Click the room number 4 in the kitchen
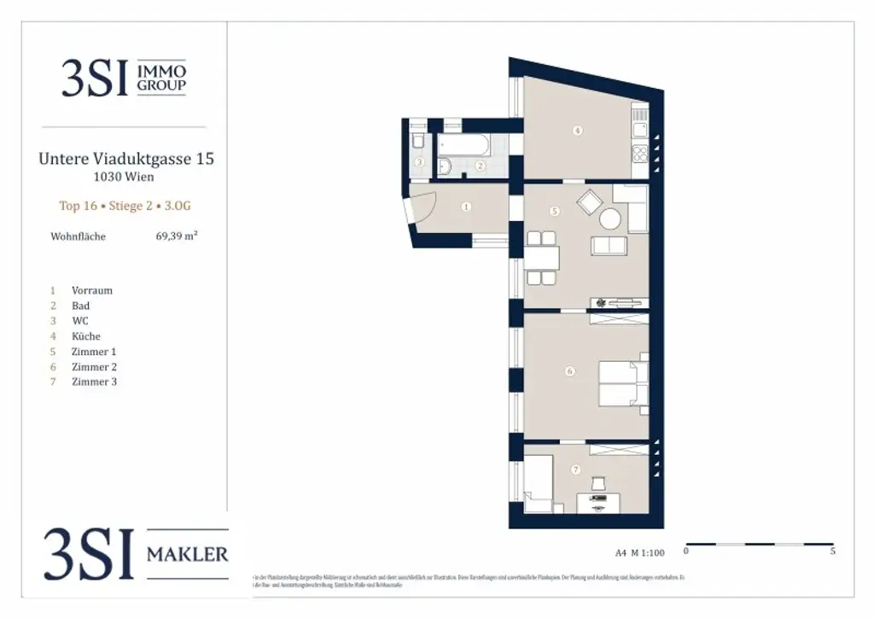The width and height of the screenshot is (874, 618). point(578,131)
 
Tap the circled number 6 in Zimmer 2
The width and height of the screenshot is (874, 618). point(569,370)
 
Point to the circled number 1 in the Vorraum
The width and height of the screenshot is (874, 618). point(466,206)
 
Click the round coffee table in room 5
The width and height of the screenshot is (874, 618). point(610,219)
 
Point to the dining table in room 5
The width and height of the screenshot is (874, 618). point(541,257)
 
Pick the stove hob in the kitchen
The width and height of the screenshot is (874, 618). point(640,154)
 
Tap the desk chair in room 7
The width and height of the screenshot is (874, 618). point(597,484)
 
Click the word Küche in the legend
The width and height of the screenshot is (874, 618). point(85,336)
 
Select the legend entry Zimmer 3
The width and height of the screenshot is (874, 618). point(94,382)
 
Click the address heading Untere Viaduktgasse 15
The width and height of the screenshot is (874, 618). point(126,159)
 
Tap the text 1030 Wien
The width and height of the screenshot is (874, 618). point(124,178)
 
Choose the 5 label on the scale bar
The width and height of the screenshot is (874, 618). point(832,551)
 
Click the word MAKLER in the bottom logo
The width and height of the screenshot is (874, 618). point(188,555)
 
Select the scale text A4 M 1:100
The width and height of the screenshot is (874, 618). point(639,552)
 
